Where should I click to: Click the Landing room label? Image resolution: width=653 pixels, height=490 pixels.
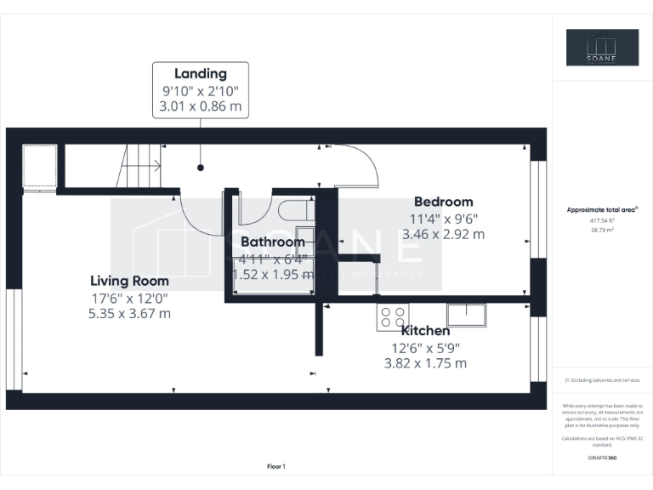[201, 74]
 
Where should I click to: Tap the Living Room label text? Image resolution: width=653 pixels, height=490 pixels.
[130, 281]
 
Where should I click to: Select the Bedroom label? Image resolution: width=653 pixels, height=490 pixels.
[443, 202]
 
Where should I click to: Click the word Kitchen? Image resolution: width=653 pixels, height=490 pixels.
[425, 331]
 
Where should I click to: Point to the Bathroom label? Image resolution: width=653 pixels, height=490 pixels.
[272, 242]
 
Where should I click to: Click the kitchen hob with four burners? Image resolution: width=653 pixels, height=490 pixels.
[393, 317]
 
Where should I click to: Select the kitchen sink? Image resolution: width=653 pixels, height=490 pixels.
[467, 315]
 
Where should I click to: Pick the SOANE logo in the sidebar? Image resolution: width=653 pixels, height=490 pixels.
[603, 48]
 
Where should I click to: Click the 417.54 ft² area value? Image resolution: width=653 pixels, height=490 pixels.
[602, 220]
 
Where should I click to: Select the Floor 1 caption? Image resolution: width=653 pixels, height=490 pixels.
[275, 466]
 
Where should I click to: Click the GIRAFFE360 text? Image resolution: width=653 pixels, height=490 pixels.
[602, 458]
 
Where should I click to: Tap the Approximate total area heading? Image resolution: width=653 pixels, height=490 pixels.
[601, 208]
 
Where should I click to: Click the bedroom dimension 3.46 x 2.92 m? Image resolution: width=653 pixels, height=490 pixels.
[443, 232]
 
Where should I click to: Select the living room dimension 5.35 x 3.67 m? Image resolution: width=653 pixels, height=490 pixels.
[130, 312]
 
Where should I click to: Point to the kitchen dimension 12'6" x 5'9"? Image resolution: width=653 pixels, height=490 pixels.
[425, 347]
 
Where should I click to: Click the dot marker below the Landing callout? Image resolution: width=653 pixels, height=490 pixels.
[201, 168]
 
